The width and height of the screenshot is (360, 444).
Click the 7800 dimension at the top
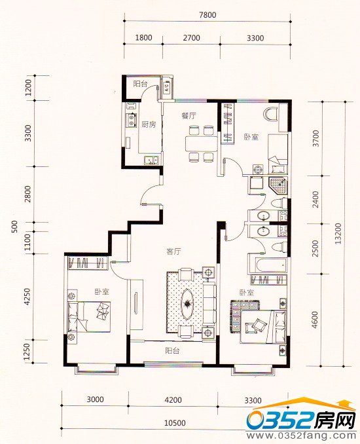[207, 14]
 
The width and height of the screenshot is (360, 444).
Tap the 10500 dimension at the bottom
[175, 423]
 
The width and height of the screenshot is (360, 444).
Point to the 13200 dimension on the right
[338, 234]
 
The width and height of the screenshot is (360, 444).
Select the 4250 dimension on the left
[27, 297]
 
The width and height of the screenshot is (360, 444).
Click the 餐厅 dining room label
[189, 115]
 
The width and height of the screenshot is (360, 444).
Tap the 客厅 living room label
[173, 251]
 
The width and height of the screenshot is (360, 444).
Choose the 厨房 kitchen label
[149, 124]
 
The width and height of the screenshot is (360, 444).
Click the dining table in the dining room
[201, 145]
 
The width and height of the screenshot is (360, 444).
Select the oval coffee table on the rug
[187, 304]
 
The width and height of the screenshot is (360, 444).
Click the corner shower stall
[278, 185]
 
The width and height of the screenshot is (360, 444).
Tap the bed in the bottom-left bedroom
[89, 316]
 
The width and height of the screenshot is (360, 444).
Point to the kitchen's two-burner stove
[132, 119]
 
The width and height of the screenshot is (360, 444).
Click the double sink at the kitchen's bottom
[151, 160]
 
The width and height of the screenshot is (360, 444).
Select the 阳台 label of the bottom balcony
[172, 351]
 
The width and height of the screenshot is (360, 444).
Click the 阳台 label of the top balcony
[140, 84]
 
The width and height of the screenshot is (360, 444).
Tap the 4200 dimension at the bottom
[173, 400]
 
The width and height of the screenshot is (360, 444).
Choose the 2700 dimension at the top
[191, 38]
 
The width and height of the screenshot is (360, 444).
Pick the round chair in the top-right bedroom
[270, 115]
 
